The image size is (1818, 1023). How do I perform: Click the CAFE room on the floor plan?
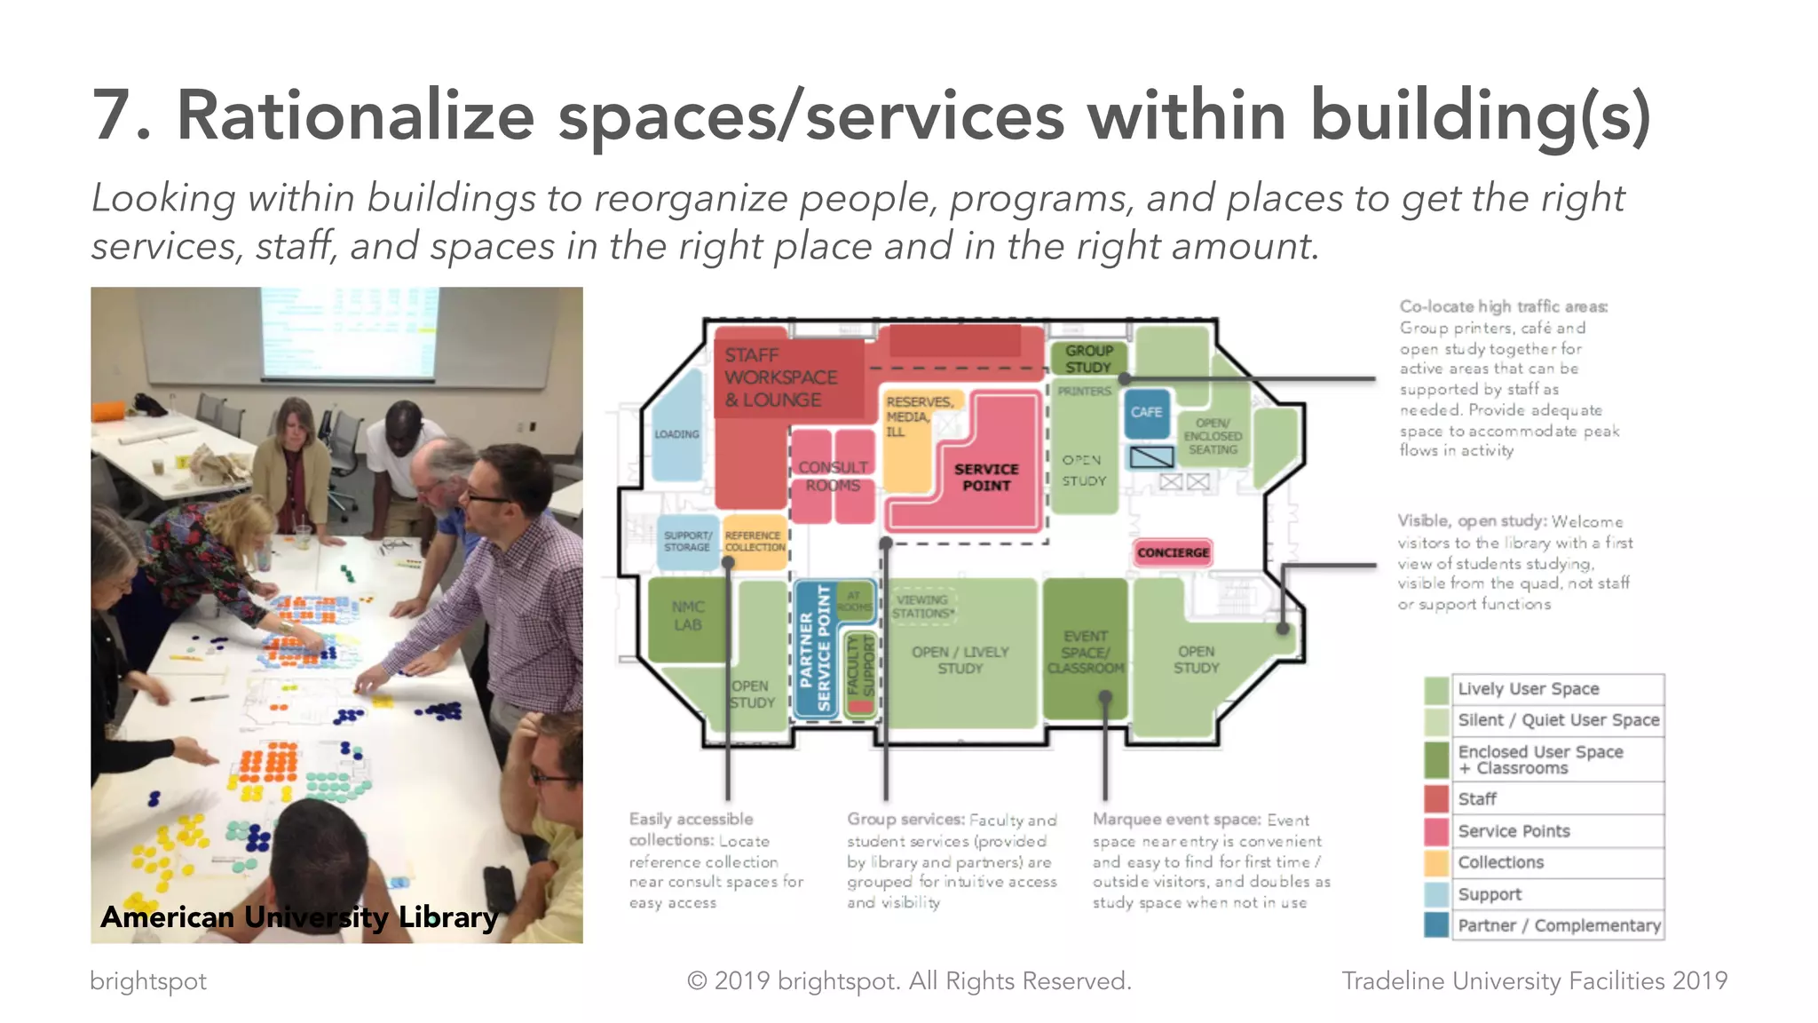pyautogui.click(x=1146, y=413)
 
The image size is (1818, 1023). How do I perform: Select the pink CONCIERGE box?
pyautogui.click(x=1173, y=552)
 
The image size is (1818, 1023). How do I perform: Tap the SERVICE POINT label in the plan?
pyautogui.click(x=985, y=477)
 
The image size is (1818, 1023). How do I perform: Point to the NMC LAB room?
pyautogui.click(x=687, y=615)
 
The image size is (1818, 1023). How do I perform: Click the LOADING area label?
pyautogui.click(x=676, y=434)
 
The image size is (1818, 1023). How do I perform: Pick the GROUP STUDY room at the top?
pyautogui.click(x=1088, y=359)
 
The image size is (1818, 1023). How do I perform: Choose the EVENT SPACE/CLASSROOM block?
pyautogui.click(x=1085, y=651)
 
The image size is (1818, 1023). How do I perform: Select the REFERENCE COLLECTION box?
pyautogui.click(x=753, y=542)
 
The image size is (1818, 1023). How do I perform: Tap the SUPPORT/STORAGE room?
pyautogui.click(x=687, y=542)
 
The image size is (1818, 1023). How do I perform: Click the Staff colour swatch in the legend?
pyautogui.click(x=1435, y=799)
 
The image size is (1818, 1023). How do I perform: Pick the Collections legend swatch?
pyautogui.click(x=1435, y=862)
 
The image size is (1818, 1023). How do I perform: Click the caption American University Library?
pyautogui.click(x=299, y=916)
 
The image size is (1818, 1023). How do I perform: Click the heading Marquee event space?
pyautogui.click(x=1176, y=820)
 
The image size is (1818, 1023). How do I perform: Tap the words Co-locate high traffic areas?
pyautogui.click(x=1503, y=306)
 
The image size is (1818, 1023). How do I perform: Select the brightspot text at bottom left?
pyautogui.click(x=147, y=981)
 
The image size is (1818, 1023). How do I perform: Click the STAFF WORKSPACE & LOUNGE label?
pyautogui.click(x=781, y=377)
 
